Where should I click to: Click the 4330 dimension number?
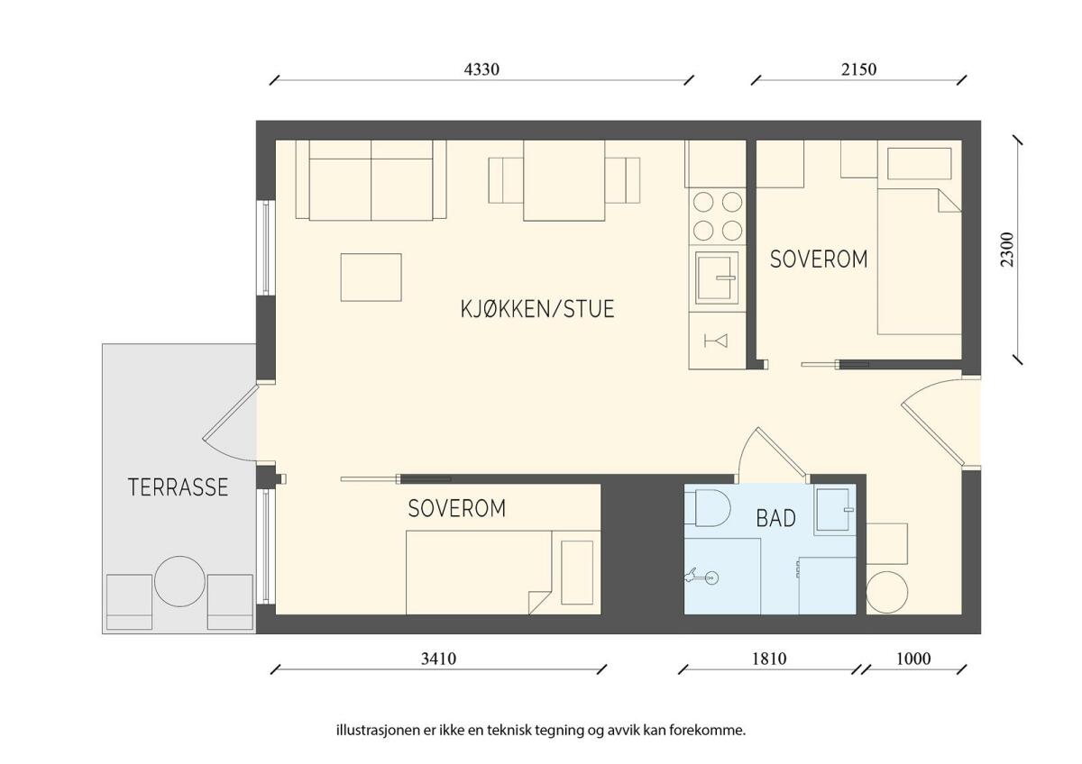tap(481, 69)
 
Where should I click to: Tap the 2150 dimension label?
tap(858, 69)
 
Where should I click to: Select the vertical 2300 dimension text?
tap(1008, 250)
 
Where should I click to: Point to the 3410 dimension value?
tap(438, 659)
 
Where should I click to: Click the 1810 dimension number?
tap(769, 659)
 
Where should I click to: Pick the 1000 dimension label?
tap(913, 659)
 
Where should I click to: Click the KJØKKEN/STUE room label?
tap(537, 309)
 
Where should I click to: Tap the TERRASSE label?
tap(179, 487)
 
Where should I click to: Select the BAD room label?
tap(775, 518)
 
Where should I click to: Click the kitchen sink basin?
tap(717, 278)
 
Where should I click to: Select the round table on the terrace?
tap(179, 581)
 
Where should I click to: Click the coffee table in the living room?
tap(371, 277)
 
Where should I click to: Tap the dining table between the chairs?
tap(564, 180)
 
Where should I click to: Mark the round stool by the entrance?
tap(887, 592)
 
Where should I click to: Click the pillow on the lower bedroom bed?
tap(577, 572)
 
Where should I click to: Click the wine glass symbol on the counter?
tap(716, 341)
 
